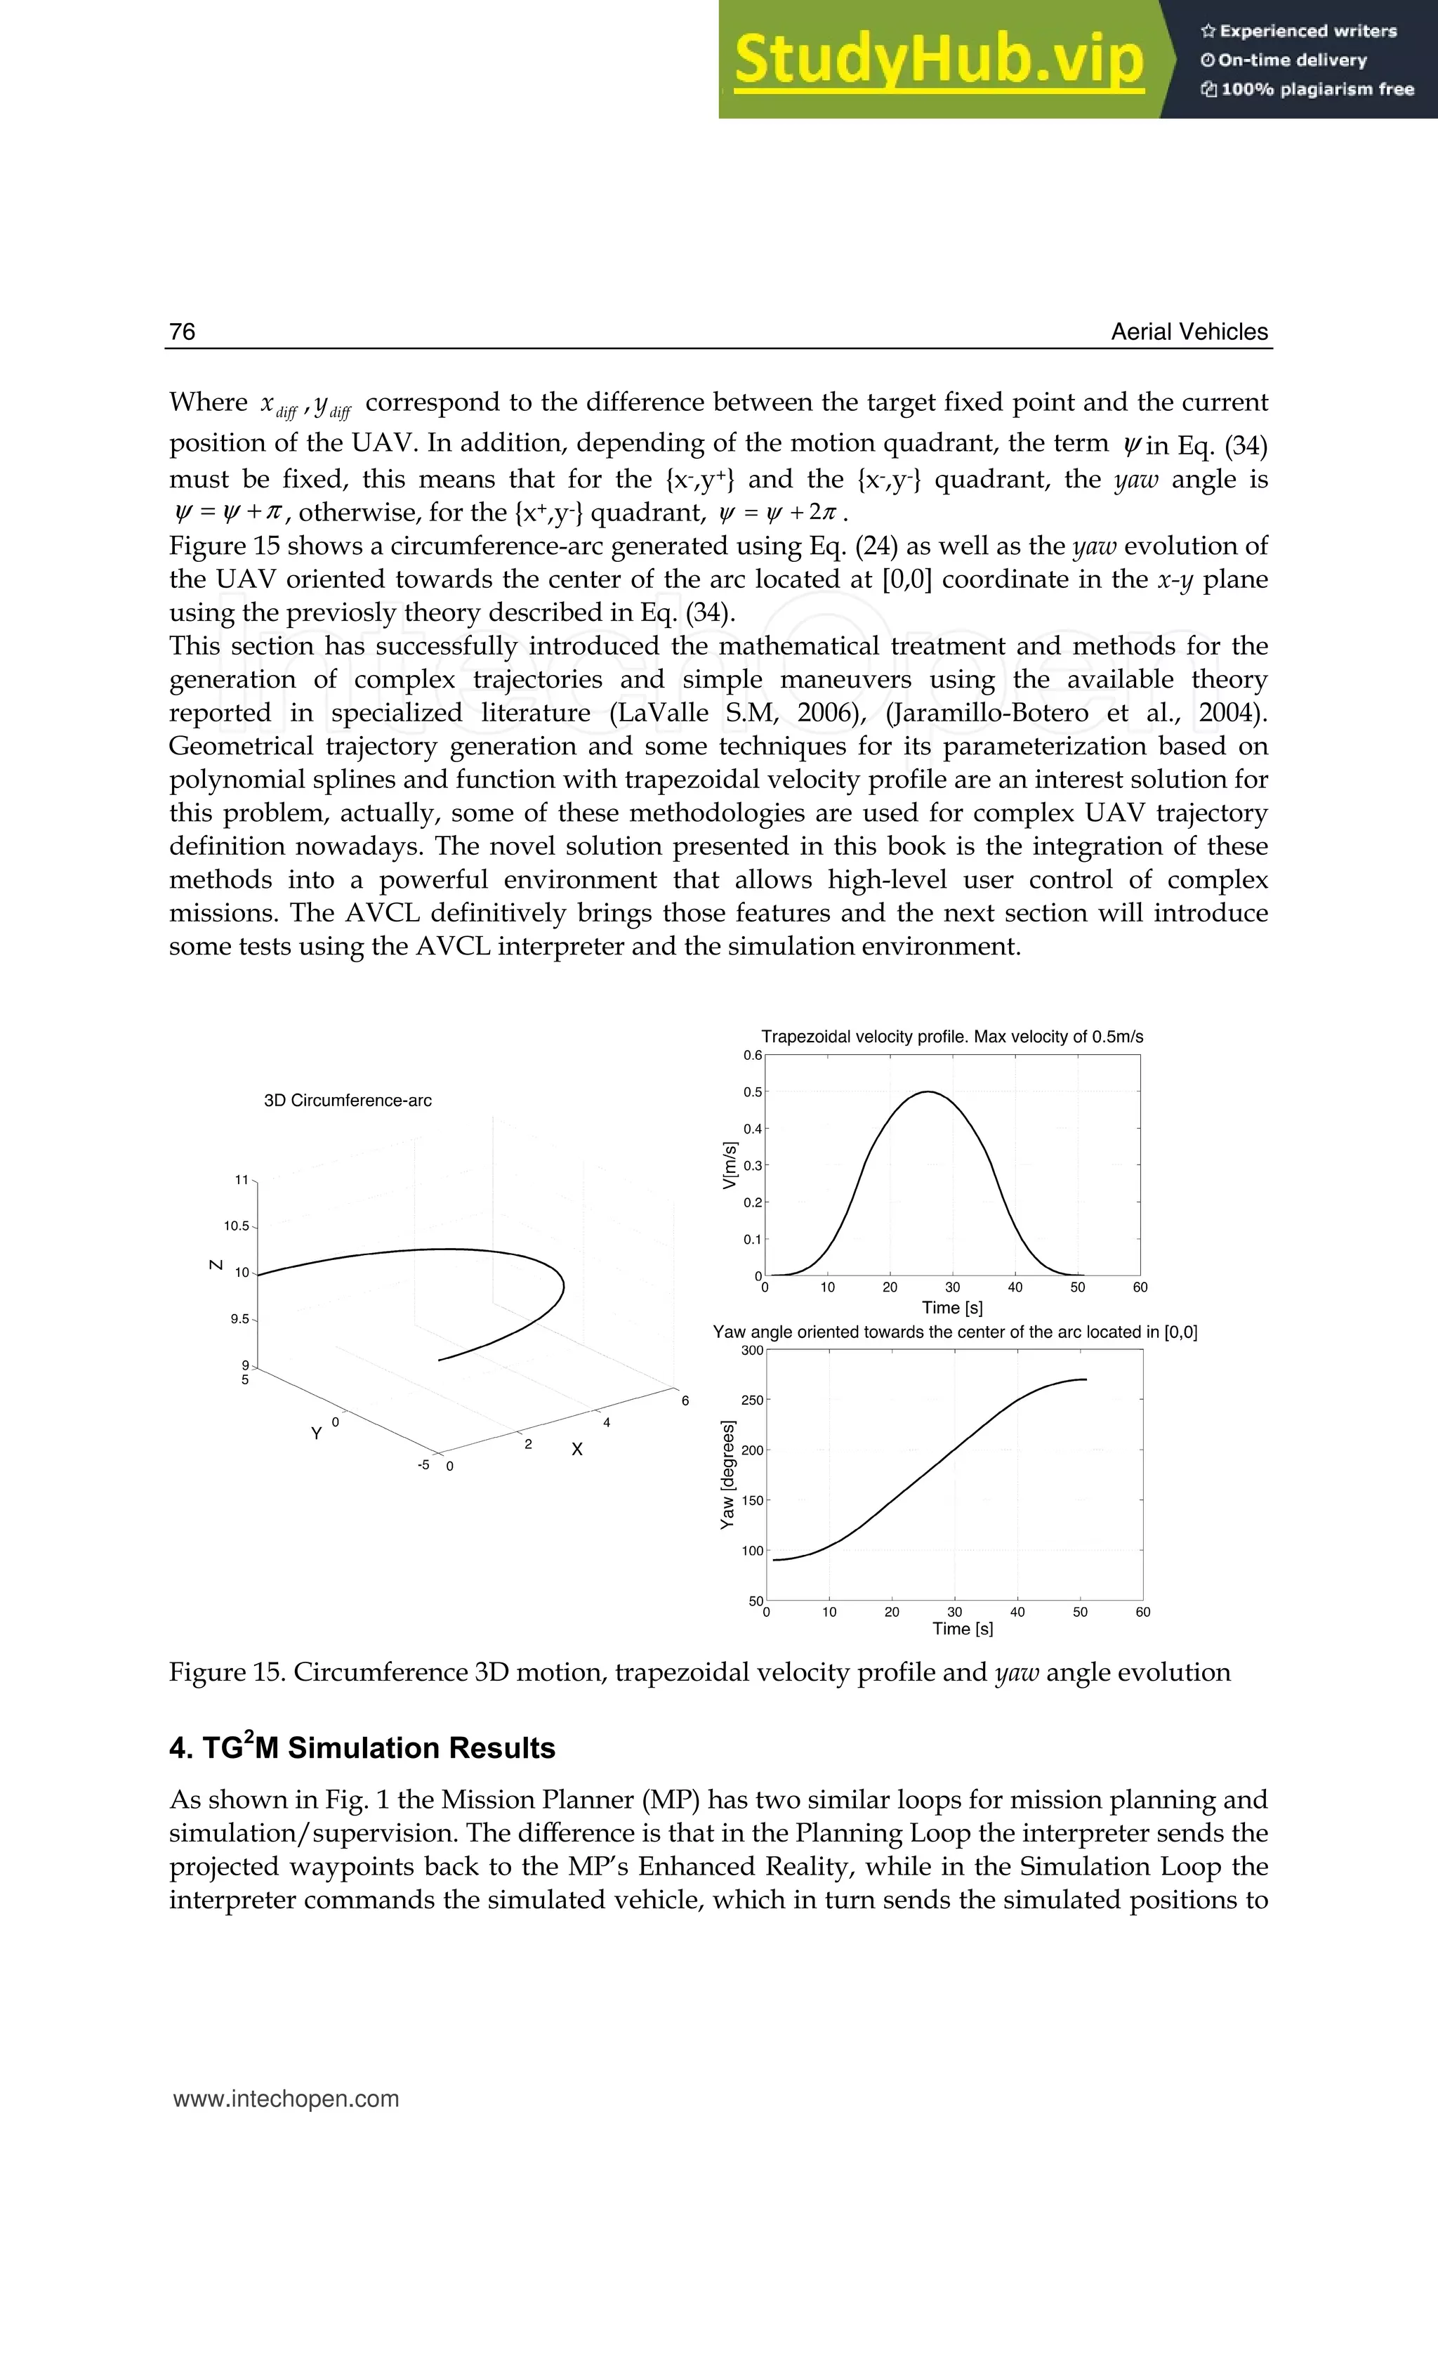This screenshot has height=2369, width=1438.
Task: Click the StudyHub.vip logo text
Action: coord(939,60)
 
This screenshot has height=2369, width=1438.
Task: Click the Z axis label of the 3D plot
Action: coord(216,1264)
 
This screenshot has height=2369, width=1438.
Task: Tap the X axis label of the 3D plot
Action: coord(576,1450)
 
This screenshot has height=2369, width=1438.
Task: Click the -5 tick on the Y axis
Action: coord(423,1465)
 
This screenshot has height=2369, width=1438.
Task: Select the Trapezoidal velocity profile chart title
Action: coord(951,1037)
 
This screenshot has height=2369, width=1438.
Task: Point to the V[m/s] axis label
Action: coord(730,1165)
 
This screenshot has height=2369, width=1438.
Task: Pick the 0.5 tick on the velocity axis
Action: coord(752,1092)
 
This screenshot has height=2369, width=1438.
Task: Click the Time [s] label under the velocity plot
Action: coord(951,1308)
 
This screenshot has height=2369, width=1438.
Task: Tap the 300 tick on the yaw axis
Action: coord(752,1351)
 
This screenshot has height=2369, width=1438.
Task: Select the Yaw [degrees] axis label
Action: coord(727,1474)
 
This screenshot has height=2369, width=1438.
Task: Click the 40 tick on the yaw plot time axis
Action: coord(1017,1613)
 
